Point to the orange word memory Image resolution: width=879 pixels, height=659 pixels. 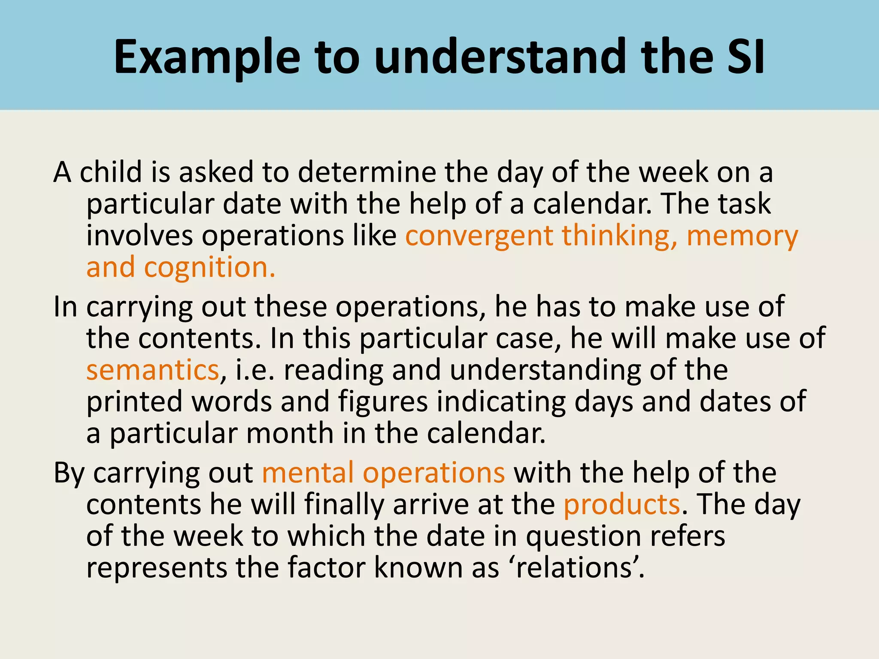point(742,236)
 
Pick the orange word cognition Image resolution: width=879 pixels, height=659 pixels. point(209,267)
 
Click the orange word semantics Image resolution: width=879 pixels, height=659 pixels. point(153,370)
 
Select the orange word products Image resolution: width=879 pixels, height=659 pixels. point(621,505)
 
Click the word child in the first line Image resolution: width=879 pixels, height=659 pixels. point(111,172)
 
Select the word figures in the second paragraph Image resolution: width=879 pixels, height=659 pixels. point(383,402)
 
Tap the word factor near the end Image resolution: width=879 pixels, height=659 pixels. point(326,568)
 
